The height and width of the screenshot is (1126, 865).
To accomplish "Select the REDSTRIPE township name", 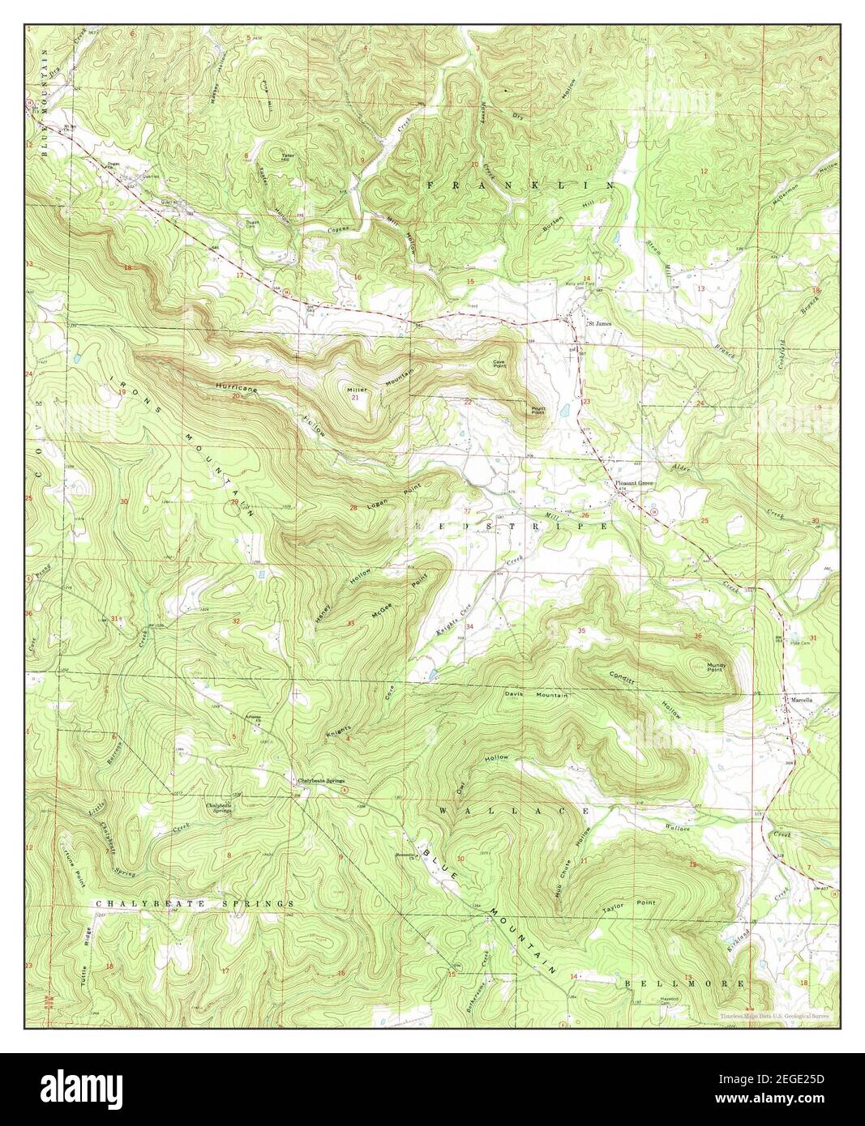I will pyautogui.click(x=511, y=527).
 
